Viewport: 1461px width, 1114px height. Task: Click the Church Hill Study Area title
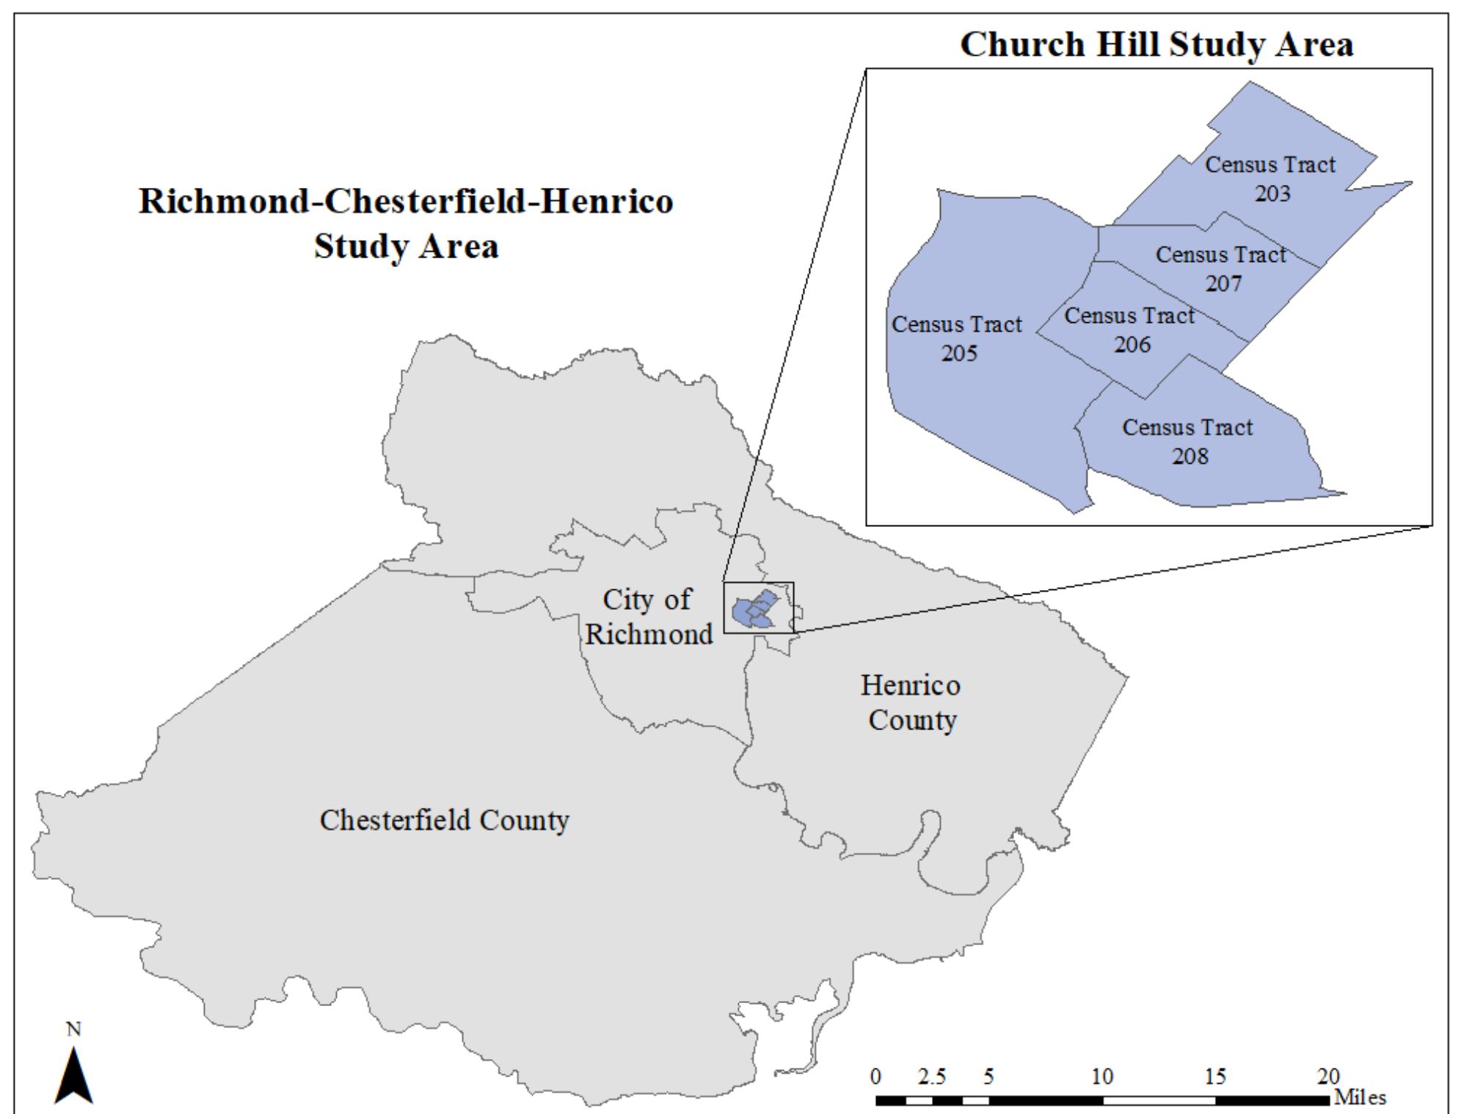pyautogui.click(x=1156, y=44)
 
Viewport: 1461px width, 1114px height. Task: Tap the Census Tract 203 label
pyautogui.click(x=1270, y=178)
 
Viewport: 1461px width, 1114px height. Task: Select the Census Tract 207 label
pyautogui.click(x=1222, y=269)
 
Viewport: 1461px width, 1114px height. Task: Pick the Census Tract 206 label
pyautogui.click(x=1130, y=330)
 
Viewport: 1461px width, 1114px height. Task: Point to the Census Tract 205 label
pyautogui.click(x=957, y=338)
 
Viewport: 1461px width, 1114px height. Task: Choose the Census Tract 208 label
pyautogui.click(x=1188, y=441)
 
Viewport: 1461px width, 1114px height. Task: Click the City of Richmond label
pyautogui.click(x=648, y=616)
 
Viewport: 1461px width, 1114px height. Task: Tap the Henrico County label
pyautogui.click(x=911, y=702)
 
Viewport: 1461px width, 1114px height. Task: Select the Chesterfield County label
pyautogui.click(x=445, y=820)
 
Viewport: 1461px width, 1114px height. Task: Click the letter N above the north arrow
pyautogui.click(x=74, y=1030)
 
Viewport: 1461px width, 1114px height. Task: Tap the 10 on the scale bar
pyautogui.click(x=1102, y=1076)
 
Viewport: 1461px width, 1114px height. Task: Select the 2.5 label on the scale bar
pyautogui.click(x=932, y=1076)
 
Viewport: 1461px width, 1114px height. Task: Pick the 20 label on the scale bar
pyautogui.click(x=1328, y=1076)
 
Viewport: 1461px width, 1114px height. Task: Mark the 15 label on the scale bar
pyautogui.click(x=1215, y=1076)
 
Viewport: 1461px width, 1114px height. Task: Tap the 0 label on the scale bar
pyautogui.click(x=876, y=1076)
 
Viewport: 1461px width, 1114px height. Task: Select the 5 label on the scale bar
pyautogui.click(x=988, y=1076)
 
